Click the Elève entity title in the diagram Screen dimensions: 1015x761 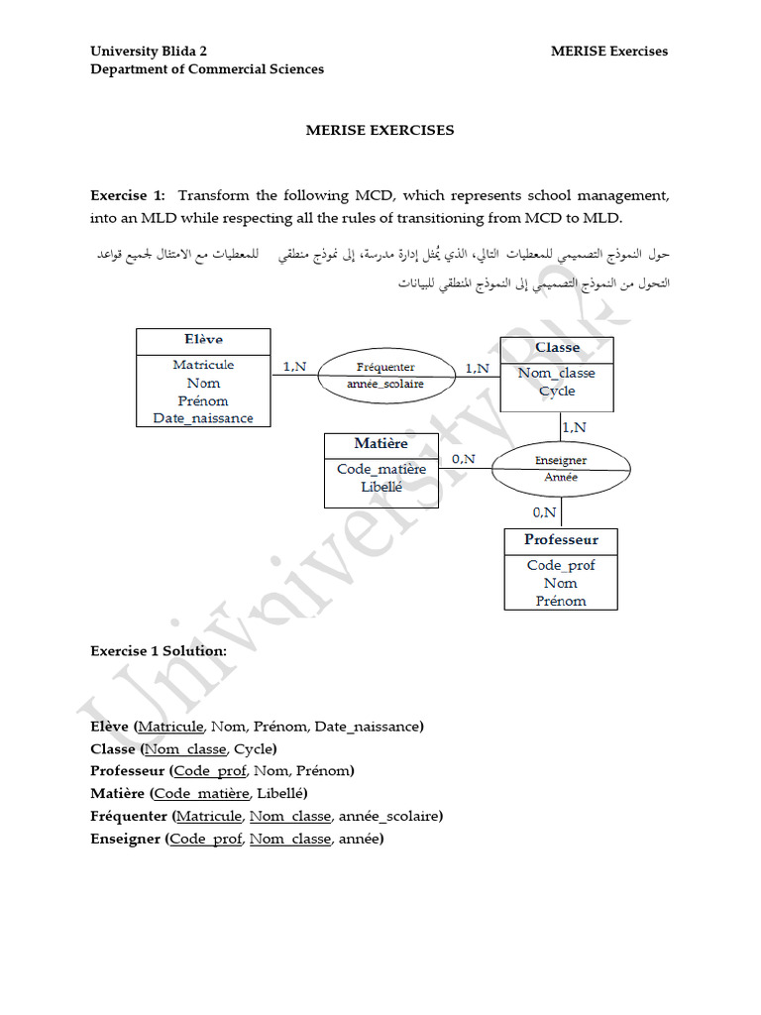[203, 340]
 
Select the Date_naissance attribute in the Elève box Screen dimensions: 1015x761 [203, 418]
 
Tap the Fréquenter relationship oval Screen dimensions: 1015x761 [385, 374]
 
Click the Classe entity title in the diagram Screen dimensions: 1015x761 [557, 348]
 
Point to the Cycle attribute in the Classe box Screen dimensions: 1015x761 [557, 391]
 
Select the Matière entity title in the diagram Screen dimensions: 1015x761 [380, 443]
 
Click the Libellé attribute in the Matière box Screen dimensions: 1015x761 [381, 487]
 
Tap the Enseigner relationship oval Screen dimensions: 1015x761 [561, 468]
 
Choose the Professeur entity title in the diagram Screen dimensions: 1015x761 [561, 540]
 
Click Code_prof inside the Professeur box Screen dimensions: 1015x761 [561, 565]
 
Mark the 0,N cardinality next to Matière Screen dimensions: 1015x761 [464, 459]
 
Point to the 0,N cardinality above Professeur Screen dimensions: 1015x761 [545, 512]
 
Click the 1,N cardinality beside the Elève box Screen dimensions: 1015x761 [294, 367]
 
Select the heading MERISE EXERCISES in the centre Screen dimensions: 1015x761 [380, 130]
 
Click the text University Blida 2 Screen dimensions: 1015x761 [149, 52]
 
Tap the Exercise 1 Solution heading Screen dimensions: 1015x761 [159, 651]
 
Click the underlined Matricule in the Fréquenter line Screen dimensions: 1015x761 [209, 816]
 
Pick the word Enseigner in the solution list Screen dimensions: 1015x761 [125, 839]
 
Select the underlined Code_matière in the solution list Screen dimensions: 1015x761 [201, 793]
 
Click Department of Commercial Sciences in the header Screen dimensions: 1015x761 [207, 69]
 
